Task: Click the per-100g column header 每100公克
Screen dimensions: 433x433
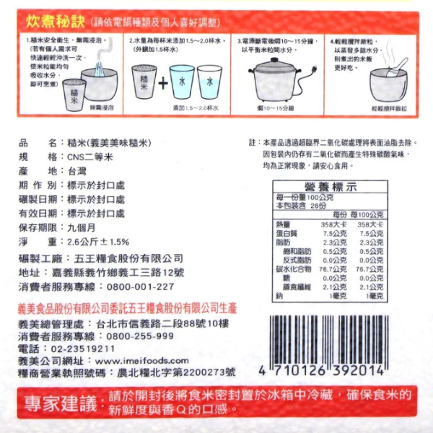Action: click(368, 216)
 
